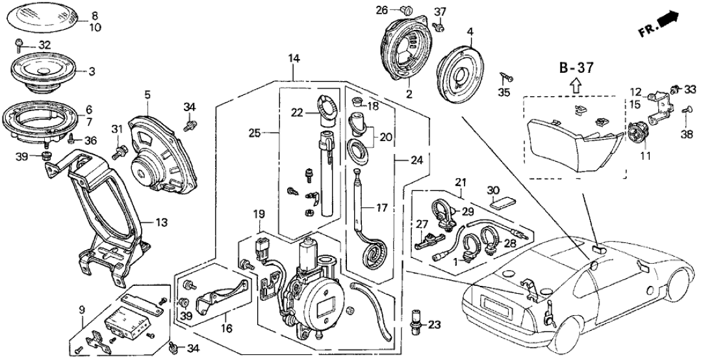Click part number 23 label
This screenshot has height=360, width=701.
435,324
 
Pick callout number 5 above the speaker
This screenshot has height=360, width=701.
147,94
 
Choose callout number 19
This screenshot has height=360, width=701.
259,213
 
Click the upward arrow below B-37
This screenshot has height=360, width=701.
574,84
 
